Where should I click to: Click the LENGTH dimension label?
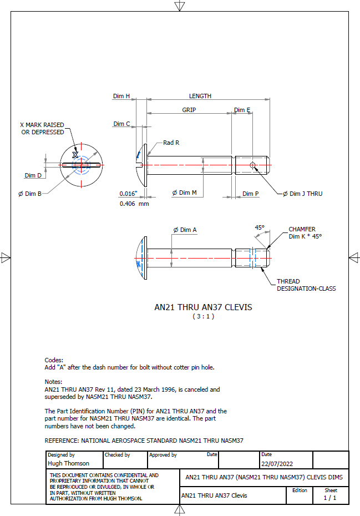200,96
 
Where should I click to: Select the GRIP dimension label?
189,110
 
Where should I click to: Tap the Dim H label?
121,96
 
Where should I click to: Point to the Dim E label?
242,110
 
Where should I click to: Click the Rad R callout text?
171,143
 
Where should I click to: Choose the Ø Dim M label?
184,193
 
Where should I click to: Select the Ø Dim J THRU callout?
302,194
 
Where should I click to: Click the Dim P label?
251,194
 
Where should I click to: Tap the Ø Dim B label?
30,194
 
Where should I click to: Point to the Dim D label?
33,175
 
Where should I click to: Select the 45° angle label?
260,227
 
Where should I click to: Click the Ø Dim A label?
185,230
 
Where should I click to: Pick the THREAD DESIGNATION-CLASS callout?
306,285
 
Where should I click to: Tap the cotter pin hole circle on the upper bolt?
252,165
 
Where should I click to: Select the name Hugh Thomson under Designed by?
69,463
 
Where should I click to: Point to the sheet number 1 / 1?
330,498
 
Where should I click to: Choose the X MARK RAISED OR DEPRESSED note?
42,128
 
